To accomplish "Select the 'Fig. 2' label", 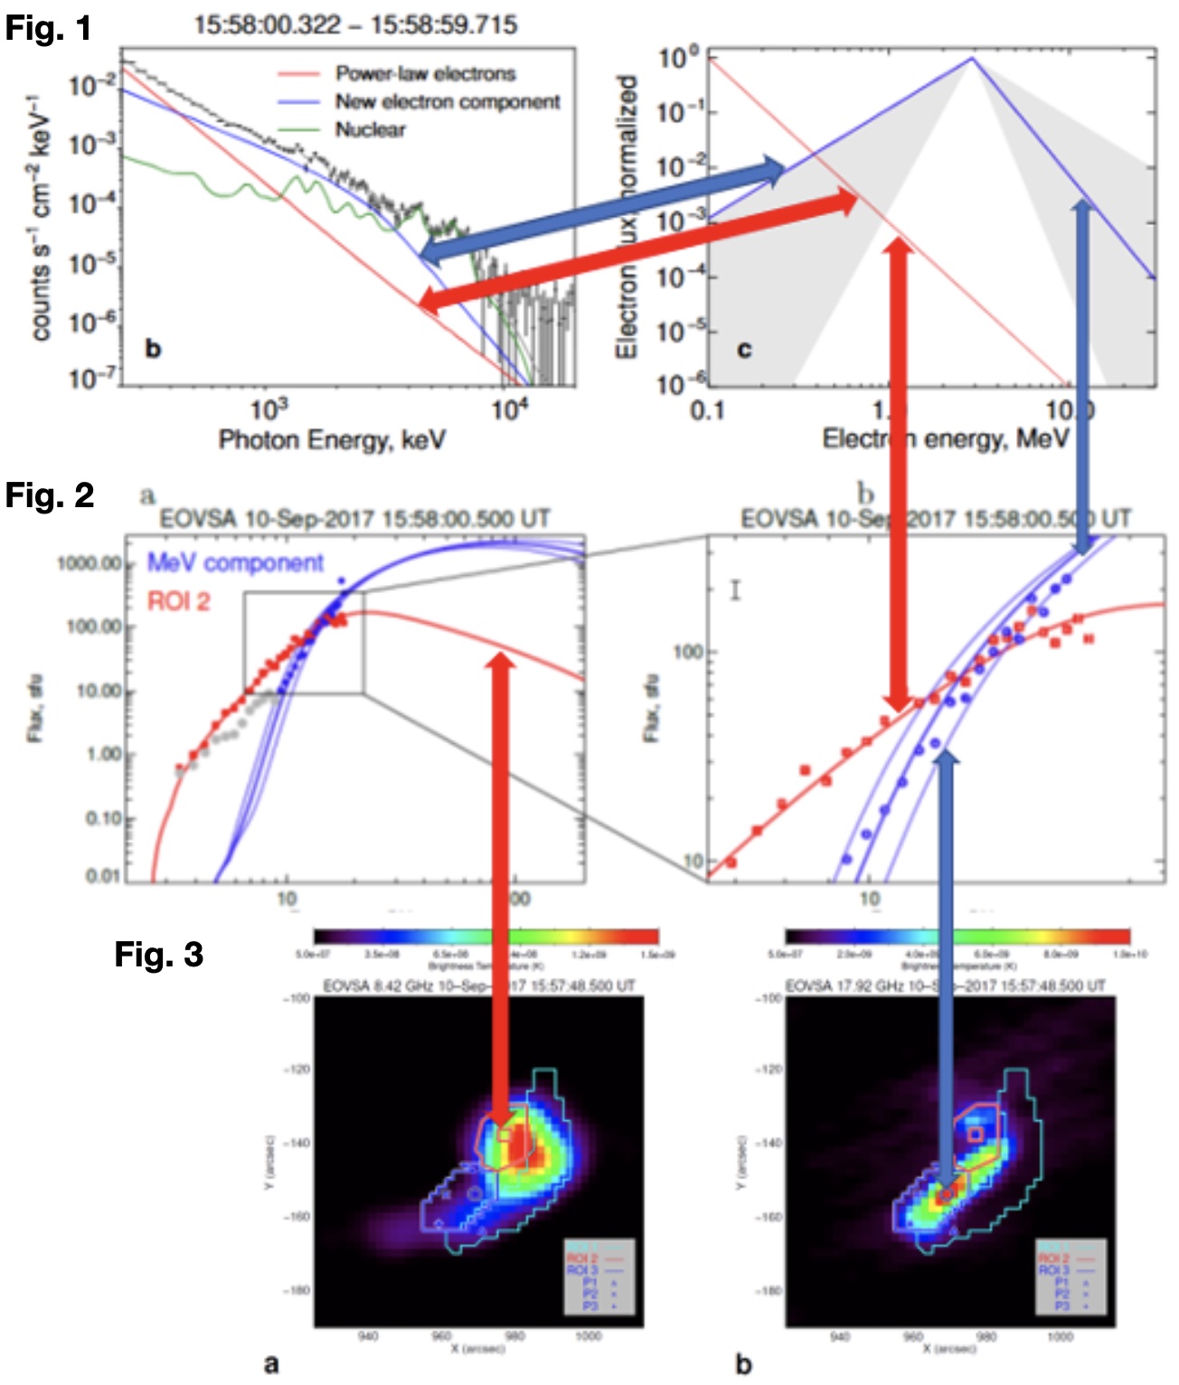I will coord(50,495).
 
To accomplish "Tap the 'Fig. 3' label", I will coord(158,954).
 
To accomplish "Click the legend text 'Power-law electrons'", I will coord(425,73).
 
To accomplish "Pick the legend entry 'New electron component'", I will coord(448,101).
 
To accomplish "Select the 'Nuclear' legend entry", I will coord(370,129).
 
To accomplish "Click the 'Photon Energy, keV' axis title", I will coord(332,439).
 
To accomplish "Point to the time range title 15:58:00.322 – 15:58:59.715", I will coord(355,24).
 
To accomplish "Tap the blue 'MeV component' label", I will coord(235,562).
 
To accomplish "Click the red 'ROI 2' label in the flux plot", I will coord(179,601).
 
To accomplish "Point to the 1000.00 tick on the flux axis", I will coord(89,563).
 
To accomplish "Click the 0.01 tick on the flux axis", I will coord(102,875).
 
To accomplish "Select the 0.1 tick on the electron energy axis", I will coord(707,410).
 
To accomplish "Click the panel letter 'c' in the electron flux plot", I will coord(743,349).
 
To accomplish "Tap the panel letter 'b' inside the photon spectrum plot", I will coord(153,348).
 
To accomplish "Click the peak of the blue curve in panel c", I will coord(972,59).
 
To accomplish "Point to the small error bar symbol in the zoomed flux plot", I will coord(736,590).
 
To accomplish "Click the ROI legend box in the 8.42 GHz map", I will coord(599,1277).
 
